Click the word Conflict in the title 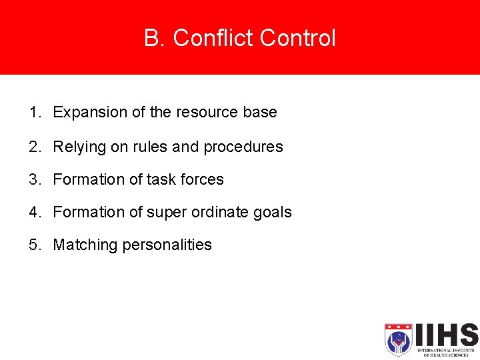214,38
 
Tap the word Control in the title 298,38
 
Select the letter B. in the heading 155,38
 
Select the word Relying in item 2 75,147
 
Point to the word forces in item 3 202,179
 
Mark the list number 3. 34,179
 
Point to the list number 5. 34,245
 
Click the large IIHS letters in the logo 445,335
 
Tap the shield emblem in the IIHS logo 398,339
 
